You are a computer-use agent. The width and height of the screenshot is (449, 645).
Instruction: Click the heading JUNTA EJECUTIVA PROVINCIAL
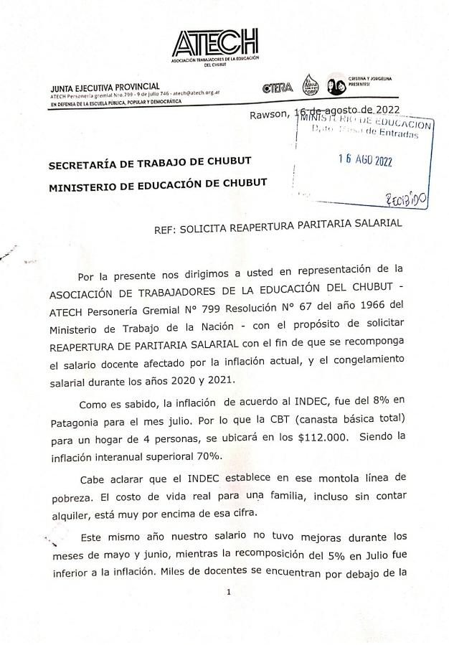(x=105, y=87)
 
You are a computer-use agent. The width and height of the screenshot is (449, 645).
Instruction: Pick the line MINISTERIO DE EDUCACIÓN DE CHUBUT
(x=157, y=183)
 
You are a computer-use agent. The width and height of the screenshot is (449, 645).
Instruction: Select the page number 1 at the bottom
(x=227, y=592)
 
